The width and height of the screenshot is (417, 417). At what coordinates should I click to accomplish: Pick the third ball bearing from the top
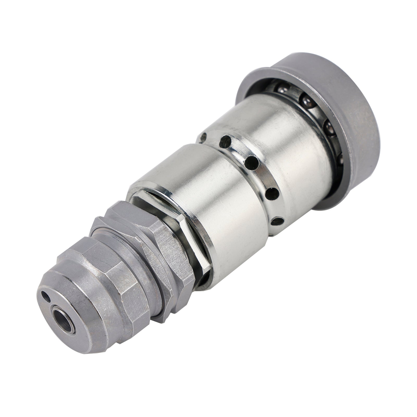click(x=330, y=127)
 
